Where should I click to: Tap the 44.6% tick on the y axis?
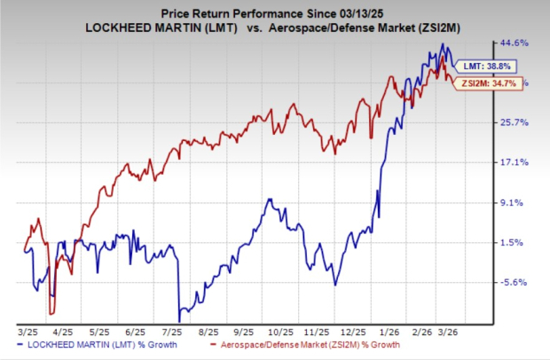515,42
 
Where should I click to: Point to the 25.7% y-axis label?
515,121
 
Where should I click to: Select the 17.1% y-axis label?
515,162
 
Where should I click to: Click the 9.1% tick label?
517,202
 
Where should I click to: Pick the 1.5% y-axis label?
517,242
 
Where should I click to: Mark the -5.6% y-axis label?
516,283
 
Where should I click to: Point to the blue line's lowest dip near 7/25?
180,320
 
